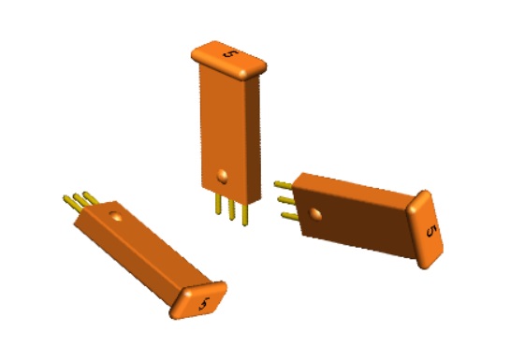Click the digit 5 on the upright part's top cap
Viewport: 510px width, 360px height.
[x=228, y=53]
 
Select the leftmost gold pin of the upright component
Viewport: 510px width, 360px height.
[x=218, y=206]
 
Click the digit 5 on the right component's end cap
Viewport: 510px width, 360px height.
[x=430, y=231]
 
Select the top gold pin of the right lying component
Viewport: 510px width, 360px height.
[x=283, y=185]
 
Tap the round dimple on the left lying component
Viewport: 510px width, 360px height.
[x=116, y=216]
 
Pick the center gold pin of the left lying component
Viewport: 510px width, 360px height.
[x=80, y=198]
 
